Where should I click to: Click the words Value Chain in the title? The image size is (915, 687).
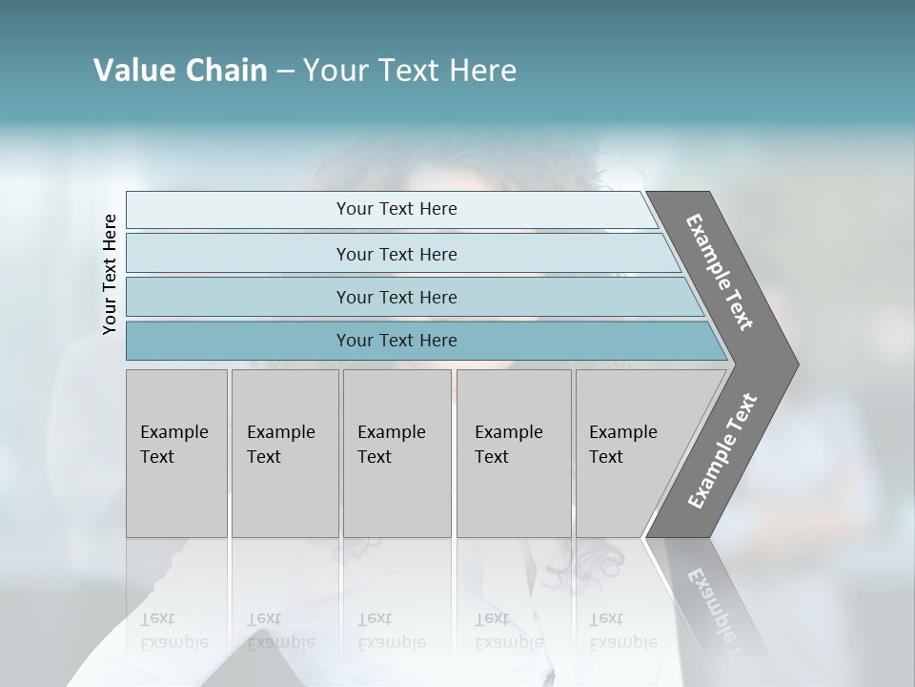point(180,71)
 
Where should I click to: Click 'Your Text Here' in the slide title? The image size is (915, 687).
point(410,71)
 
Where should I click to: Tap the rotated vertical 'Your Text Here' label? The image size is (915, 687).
point(110,274)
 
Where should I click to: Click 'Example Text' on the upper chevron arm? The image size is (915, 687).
point(720,272)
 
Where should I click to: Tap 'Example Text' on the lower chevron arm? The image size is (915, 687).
point(722,451)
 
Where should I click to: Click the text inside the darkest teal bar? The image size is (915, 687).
point(396,341)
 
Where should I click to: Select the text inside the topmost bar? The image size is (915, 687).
point(396,209)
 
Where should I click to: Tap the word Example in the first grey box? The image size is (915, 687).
point(173,432)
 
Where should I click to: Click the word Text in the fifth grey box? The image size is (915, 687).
point(605,457)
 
